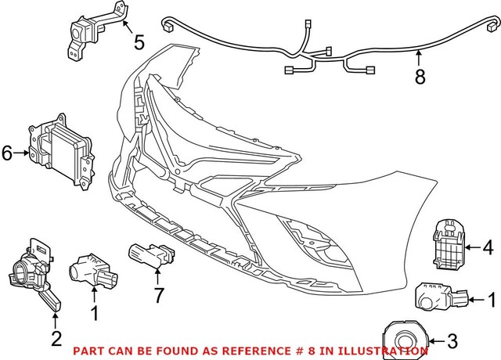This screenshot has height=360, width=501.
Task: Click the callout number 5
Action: [x=139, y=41]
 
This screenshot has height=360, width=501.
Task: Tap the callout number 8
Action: [x=420, y=78]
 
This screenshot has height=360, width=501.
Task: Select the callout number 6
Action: [x=7, y=153]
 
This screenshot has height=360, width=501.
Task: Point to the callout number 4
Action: [x=488, y=250]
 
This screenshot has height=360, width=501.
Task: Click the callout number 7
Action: [x=157, y=295]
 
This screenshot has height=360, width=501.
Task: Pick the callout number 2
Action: [x=56, y=338]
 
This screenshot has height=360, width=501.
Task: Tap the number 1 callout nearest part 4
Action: [x=492, y=299]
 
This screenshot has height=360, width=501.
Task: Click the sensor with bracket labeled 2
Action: [x=36, y=274]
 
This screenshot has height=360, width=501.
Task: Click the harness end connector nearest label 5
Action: [x=168, y=24]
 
